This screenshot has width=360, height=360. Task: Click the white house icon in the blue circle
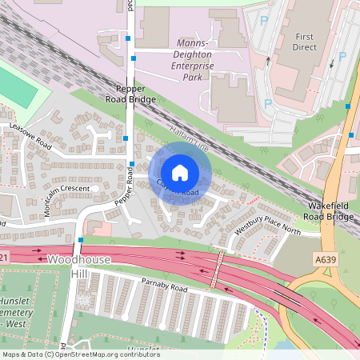point(180,172)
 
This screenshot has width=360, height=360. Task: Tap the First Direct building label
point(305,42)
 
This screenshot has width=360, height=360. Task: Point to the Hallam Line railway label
point(190,134)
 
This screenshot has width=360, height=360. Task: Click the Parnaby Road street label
point(164,287)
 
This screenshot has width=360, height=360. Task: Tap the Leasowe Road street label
point(30,137)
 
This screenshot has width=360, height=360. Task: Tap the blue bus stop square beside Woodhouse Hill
point(81,239)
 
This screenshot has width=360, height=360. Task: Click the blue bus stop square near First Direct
point(348,106)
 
